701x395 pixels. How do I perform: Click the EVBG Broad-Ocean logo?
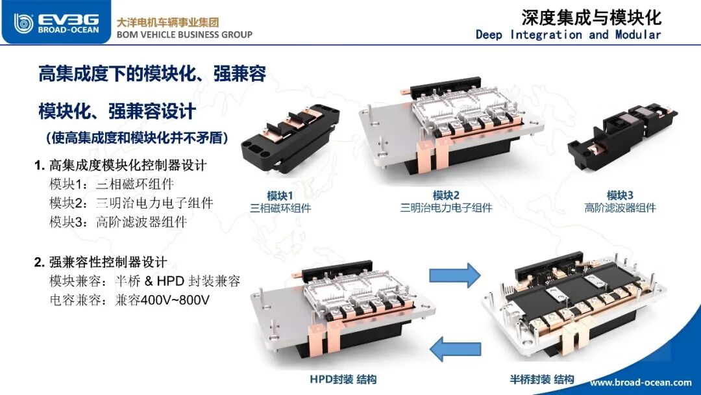pyautogui.click(x=56, y=23)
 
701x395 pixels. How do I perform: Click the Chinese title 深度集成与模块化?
pyautogui.click(x=591, y=18)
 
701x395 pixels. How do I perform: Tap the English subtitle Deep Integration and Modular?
pyautogui.click(x=568, y=35)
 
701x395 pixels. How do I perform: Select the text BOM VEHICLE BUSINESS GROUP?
pyautogui.click(x=184, y=34)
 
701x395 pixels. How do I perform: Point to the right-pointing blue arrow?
pyautogui.click(x=454, y=275)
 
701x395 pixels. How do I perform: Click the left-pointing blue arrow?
pyautogui.click(x=455, y=349)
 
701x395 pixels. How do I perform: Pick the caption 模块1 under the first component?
pyautogui.click(x=280, y=196)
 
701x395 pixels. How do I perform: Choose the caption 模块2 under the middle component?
pyautogui.click(x=446, y=196)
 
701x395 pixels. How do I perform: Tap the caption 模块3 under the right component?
pyautogui.click(x=620, y=196)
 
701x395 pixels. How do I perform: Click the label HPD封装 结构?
pyautogui.click(x=343, y=380)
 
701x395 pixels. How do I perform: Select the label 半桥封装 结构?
pyautogui.click(x=542, y=380)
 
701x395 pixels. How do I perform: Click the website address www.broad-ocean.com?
pyautogui.click(x=641, y=383)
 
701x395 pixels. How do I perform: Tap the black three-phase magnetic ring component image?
pyautogui.click(x=289, y=137)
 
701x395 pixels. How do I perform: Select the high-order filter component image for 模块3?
pyautogui.click(x=622, y=136)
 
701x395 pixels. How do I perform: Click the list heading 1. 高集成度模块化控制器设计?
pyautogui.click(x=121, y=166)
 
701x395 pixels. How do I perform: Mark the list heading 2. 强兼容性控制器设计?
pyautogui.click(x=101, y=262)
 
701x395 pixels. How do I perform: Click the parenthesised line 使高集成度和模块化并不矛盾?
pyautogui.click(x=137, y=138)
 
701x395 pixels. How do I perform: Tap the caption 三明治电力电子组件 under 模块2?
pyautogui.click(x=446, y=208)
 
